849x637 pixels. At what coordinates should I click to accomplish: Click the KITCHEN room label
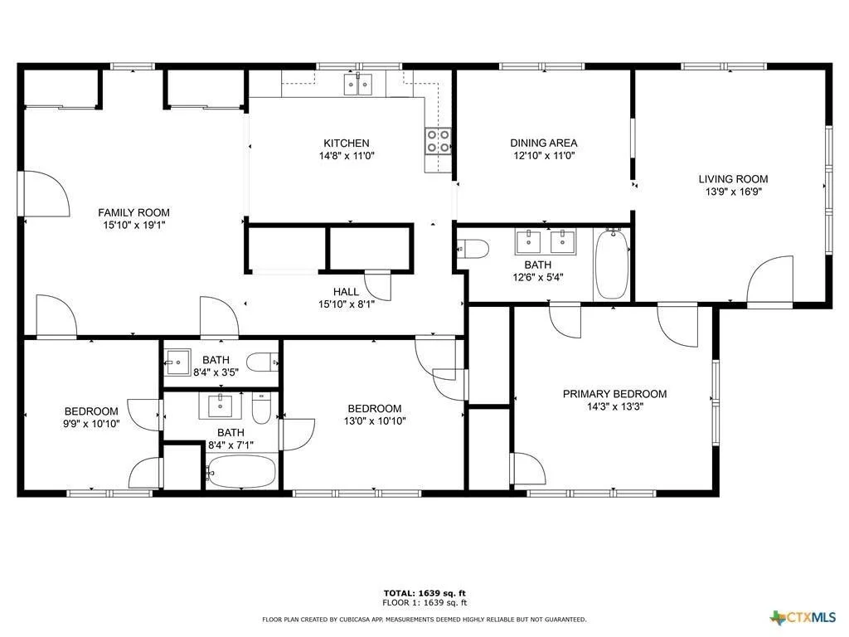point(346,143)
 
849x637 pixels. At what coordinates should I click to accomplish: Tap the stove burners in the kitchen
point(438,140)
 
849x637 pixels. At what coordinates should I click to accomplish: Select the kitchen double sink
point(358,85)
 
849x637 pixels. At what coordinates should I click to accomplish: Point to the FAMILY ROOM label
point(133,212)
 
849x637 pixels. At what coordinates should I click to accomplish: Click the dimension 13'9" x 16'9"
point(733,192)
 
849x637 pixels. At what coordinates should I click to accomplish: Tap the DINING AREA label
point(544,143)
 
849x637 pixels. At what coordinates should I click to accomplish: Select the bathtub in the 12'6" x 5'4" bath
point(612,265)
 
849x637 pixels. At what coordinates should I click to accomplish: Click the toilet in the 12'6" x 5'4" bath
point(473,249)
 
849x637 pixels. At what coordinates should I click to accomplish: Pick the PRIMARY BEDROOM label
point(614,394)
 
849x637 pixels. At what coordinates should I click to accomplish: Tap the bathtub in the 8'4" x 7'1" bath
point(240,472)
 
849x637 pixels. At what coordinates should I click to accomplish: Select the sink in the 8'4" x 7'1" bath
point(221,406)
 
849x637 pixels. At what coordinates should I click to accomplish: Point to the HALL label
point(346,292)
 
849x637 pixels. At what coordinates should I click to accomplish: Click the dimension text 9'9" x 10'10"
point(91,424)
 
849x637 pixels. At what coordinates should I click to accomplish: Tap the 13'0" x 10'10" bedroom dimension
point(375,421)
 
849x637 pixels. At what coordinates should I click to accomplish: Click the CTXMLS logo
point(803,617)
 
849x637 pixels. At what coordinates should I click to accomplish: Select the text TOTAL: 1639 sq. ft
point(424,593)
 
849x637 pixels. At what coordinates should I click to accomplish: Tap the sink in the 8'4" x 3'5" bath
point(177,362)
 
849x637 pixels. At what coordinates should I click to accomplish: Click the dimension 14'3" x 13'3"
point(614,406)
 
